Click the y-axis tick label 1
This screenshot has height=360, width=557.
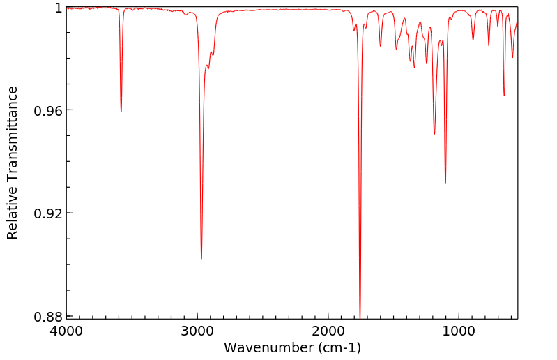click(x=59, y=8)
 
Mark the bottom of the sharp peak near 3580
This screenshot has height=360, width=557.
click(x=121, y=112)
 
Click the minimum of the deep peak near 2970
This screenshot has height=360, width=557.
click(x=201, y=259)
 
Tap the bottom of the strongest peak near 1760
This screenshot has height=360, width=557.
click(x=360, y=316)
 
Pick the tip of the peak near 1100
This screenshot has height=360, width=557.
click(x=445, y=184)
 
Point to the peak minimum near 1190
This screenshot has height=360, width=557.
click(x=434, y=134)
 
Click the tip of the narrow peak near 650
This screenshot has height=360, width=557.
click(x=504, y=96)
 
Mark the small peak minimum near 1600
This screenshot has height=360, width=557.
click(x=381, y=46)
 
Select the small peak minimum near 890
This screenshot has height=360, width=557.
click(x=473, y=40)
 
